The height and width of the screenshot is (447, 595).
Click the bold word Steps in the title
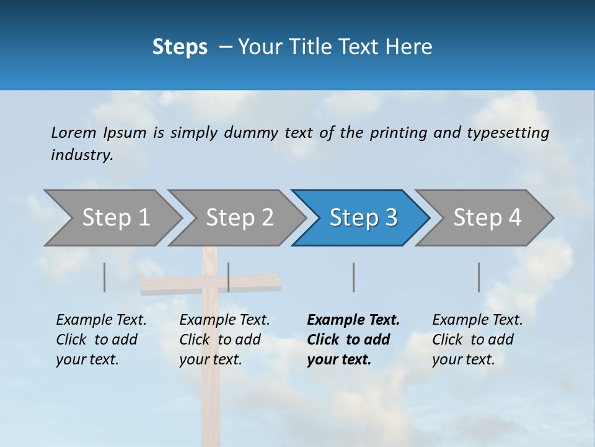click(x=180, y=47)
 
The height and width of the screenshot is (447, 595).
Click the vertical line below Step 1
click(x=105, y=277)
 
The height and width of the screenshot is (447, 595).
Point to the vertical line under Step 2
click(x=229, y=277)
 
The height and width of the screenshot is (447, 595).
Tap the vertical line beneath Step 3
click(x=353, y=277)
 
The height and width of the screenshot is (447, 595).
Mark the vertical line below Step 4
click(x=478, y=277)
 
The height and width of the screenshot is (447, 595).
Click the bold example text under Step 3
click(x=353, y=340)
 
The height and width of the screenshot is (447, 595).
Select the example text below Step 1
click(x=101, y=340)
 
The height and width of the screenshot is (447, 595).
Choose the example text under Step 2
click(x=224, y=340)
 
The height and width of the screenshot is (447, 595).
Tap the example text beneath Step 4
click(x=477, y=340)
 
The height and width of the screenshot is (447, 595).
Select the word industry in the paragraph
click(x=81, y=155)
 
